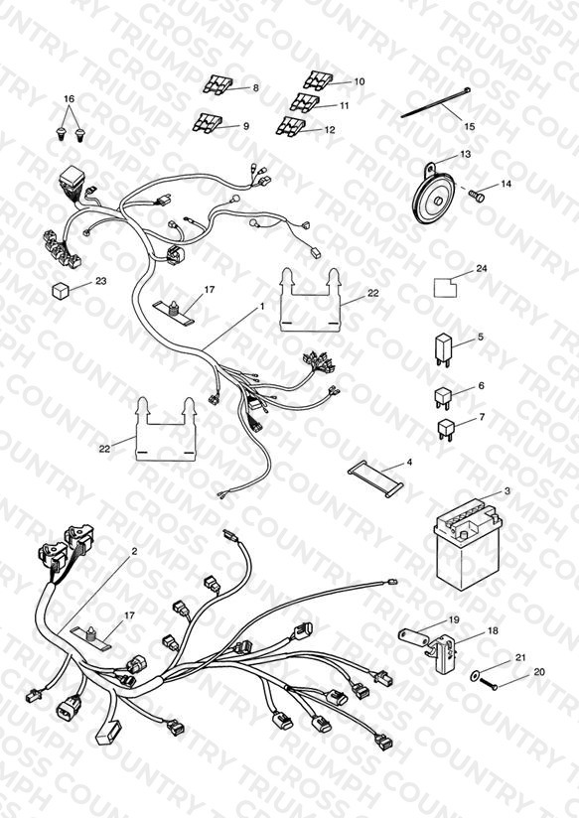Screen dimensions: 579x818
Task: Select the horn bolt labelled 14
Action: [476, 196]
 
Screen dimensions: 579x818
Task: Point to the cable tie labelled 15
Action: [436, 103]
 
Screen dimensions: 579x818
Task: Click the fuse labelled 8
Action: [218, 85]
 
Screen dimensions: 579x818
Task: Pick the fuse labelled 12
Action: [290, 126]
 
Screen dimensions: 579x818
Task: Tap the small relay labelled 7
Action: [445, 429]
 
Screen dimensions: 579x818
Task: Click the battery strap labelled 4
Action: [376, 478]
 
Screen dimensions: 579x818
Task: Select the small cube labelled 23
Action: [61, 290]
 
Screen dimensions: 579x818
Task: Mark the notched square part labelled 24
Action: [445, 288]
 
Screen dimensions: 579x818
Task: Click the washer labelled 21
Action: [474, 676]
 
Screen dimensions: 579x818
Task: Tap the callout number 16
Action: [70, 99]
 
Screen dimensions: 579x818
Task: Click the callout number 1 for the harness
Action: [262, 306]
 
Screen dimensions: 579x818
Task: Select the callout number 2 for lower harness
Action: [134, 551]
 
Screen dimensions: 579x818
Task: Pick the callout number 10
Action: [360, 81]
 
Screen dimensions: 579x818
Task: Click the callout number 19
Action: [454, 619]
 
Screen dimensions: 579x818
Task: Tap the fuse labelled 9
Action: [209, 122]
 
